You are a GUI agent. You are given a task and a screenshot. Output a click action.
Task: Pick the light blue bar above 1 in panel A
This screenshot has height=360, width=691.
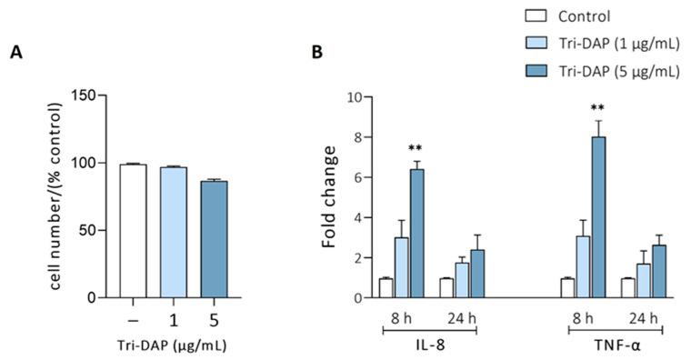coord(174,232)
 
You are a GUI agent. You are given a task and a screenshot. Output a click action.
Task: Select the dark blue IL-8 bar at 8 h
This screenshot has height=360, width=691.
coord(417,233)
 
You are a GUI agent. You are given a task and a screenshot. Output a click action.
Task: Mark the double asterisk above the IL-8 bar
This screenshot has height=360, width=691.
coord(417,148)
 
